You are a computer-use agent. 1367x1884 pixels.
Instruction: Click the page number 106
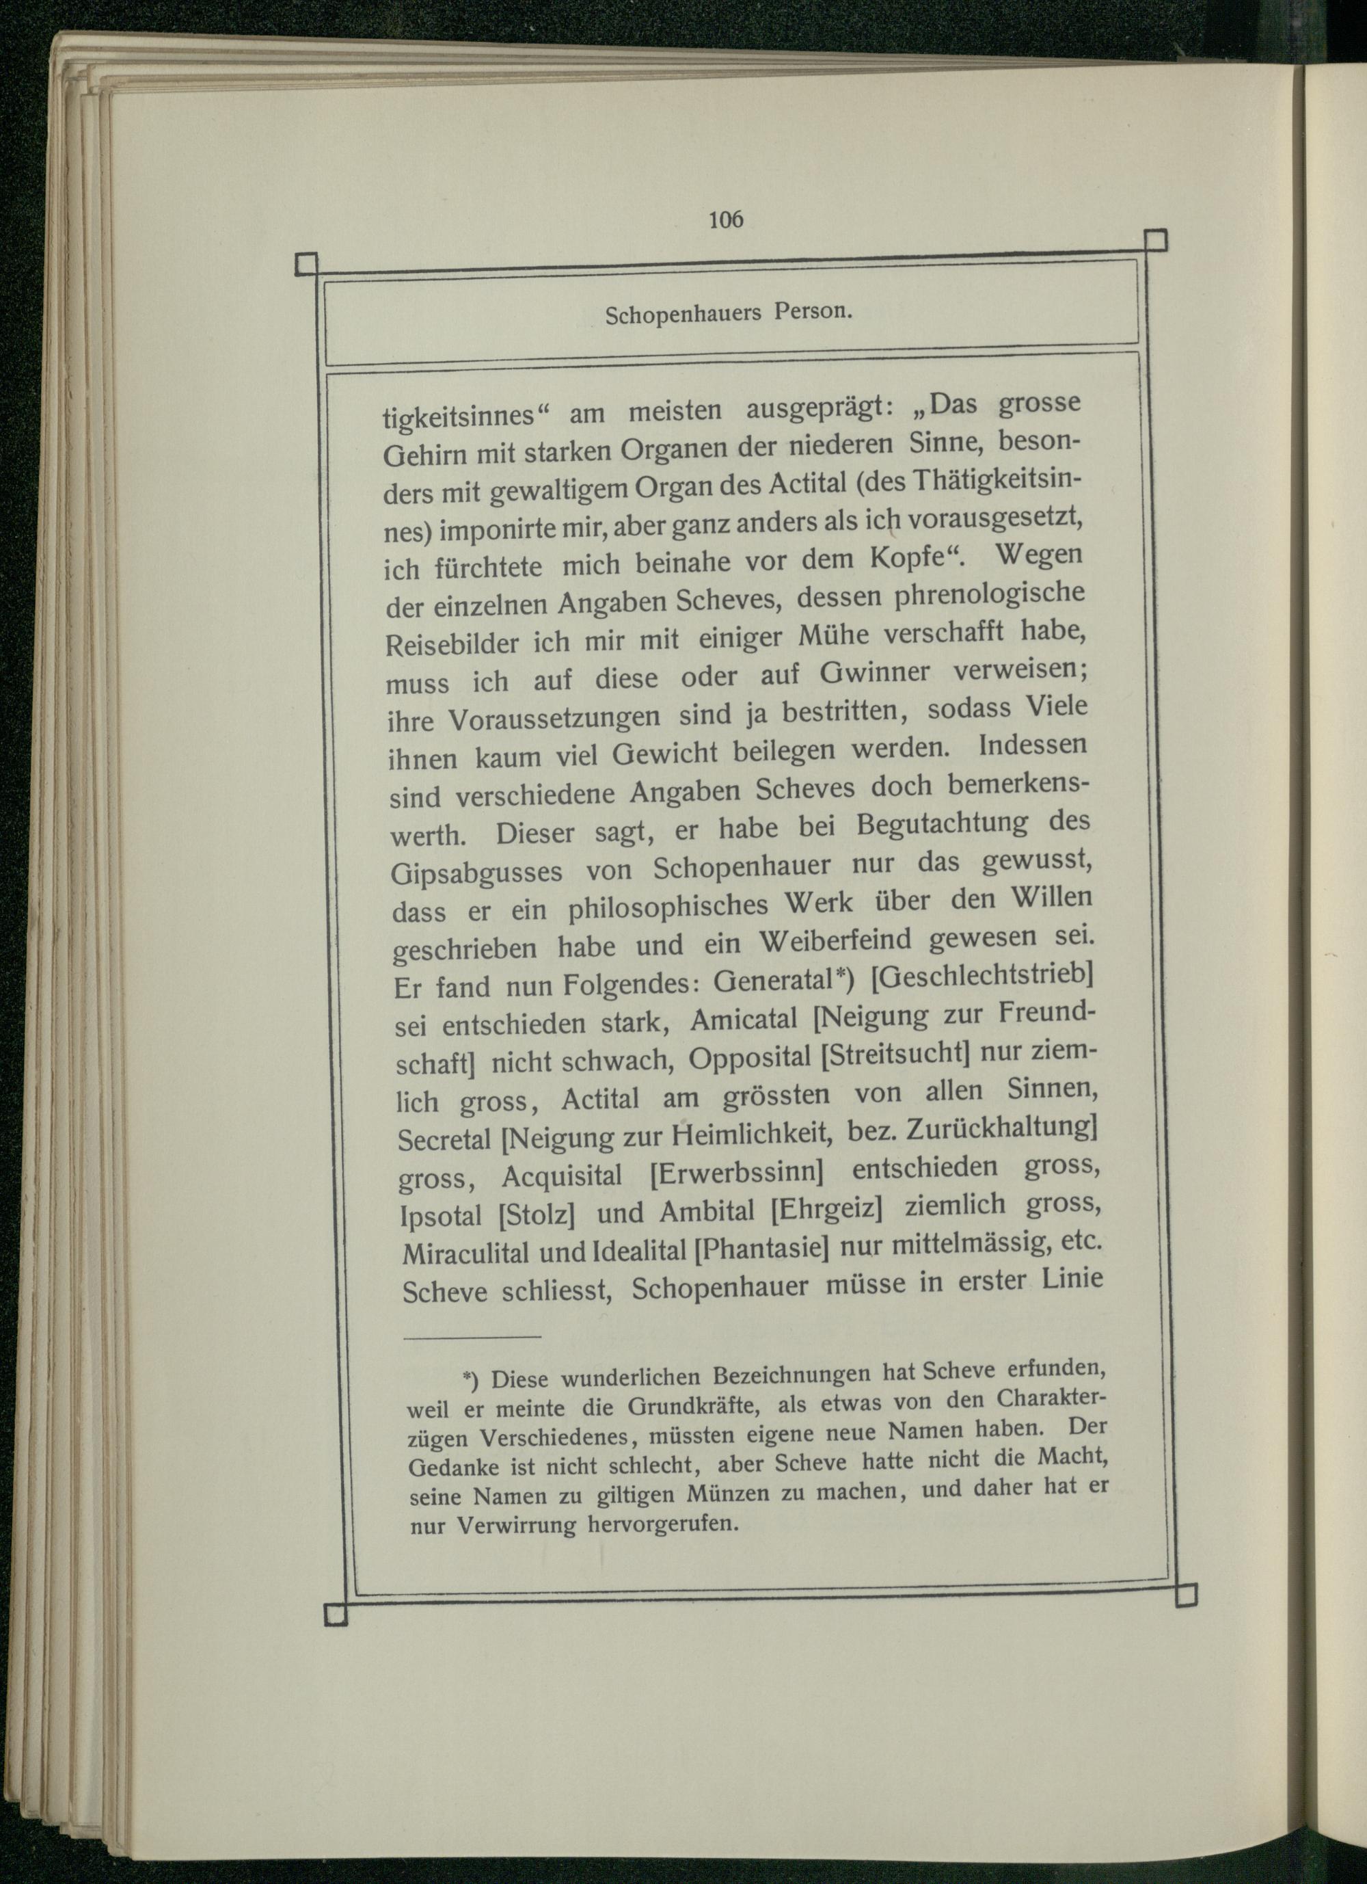[726, 220]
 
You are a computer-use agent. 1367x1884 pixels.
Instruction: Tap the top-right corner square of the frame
[1155, 240]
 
